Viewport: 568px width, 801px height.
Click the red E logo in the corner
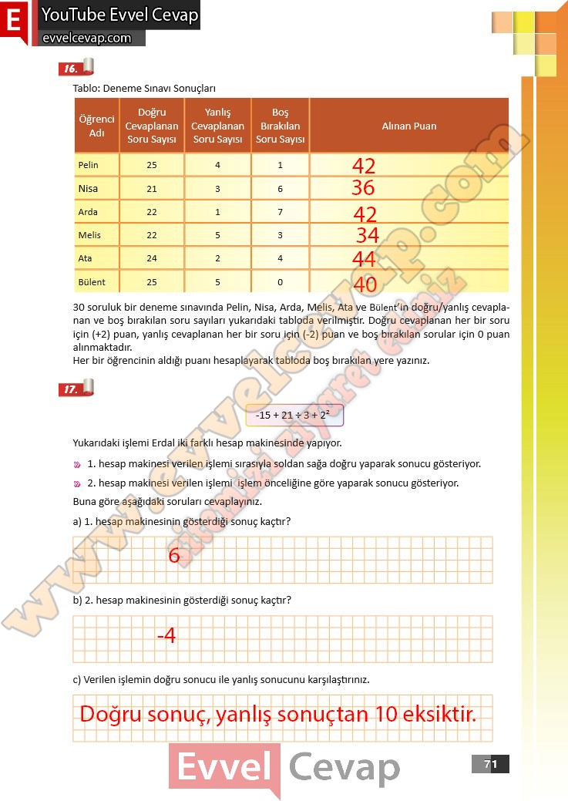pyautogui.click(x=13, y=22)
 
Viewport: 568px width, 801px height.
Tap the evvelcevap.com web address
pyautogui.click(x=86, y=38)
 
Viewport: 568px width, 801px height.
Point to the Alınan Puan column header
pyautogui.click(x=409, y=126)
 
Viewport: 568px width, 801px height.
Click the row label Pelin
pyautogui.click(x=89, y=165)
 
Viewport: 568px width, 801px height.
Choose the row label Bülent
pyautogui.click(x=92, y=281)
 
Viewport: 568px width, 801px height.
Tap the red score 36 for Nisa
pyautogui.click(x=363, y=188)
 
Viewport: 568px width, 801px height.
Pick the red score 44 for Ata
pyautogui.click(x=364, y=259)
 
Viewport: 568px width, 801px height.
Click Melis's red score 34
pyautogui.click(x=367, y=235)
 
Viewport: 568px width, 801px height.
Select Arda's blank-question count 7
pyautogui.click(x=280, y=212)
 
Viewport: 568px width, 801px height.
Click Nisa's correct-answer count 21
pyautogui.click(x=151, y=189)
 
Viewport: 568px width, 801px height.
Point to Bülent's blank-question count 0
pyautogui.click(x=280, y=281)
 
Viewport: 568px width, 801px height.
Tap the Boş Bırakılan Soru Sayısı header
pyautogui.click(x=280, y=126)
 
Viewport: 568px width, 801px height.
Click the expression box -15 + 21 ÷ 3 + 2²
pyautogui.click(x=295, y=416)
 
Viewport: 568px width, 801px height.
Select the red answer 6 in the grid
pyautogui.click(x=174, y=555)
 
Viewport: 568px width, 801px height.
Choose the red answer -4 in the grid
pyautogui.click(x=166, y=636)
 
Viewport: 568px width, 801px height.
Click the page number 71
pyautogui.click(x=490, y=764)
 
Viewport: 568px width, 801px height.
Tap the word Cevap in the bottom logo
pyautogui.click(x=344, y=767)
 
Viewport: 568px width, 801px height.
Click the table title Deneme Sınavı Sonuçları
pyautogui.click(x=143, y=88)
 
